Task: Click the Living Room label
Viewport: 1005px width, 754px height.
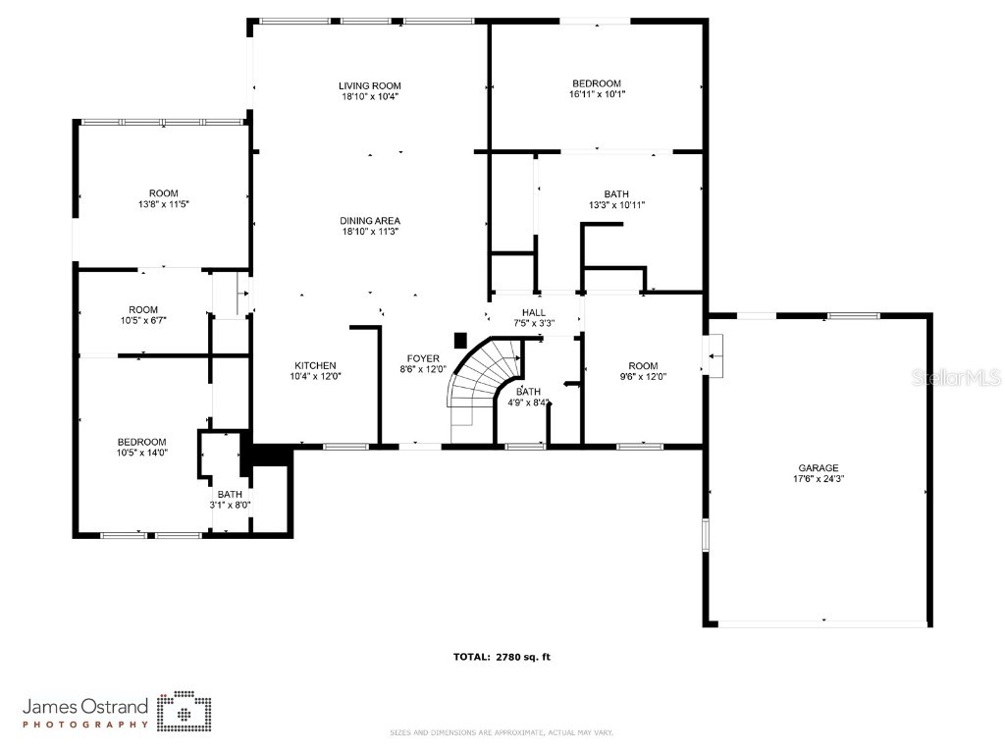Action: [x=370, y=86]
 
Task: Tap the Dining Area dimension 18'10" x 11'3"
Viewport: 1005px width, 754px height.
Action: [x=370, y=233]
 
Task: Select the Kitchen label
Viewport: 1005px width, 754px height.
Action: [x=315, y=365]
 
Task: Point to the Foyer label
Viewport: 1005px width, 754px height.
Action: [x=424, y=358]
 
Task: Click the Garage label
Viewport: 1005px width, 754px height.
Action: [x=818, y=467]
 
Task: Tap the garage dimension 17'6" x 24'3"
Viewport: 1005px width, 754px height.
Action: [x=818, y=480]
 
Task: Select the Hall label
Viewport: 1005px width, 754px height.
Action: [x=534, y=312]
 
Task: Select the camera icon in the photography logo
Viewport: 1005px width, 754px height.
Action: [x=185, y=711]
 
